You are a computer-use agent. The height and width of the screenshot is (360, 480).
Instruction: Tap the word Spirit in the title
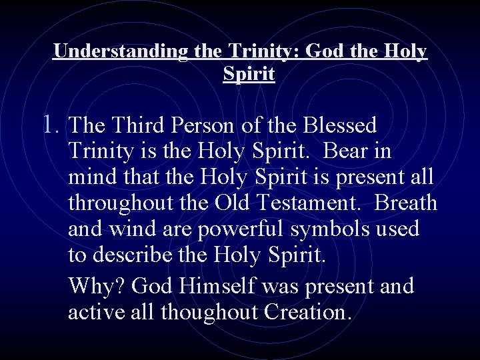click(x=249, y=74)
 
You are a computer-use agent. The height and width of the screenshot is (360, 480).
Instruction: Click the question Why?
click(x=97, y=286)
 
